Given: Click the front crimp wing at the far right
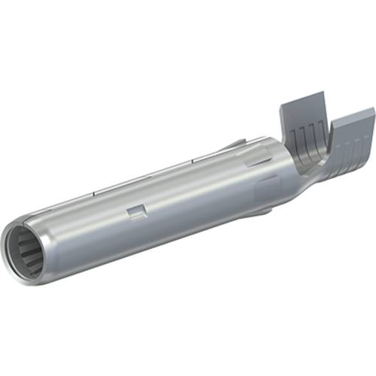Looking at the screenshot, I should coord(352,140).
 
